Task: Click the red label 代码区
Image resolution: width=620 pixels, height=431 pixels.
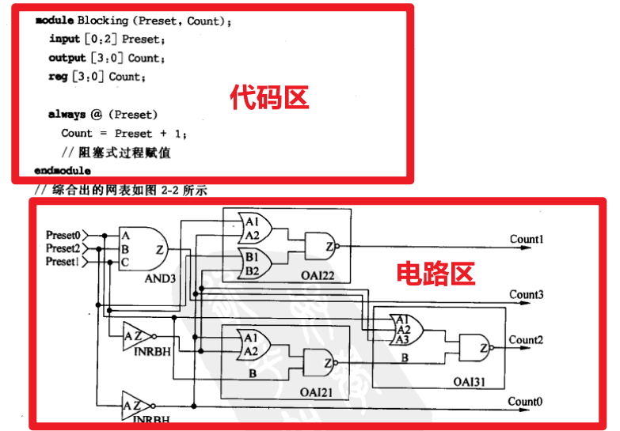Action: pos(270,97)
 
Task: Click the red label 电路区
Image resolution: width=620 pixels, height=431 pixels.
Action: pos(436,274)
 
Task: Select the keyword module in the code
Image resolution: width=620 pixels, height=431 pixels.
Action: pos(55,21)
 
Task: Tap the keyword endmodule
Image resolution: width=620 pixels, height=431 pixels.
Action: pos(63,171)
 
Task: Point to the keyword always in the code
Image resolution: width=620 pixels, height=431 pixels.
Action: pos(67,115)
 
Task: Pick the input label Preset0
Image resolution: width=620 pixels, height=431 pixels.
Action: pos(63,235)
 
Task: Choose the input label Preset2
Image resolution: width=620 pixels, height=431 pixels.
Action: pos(63,248)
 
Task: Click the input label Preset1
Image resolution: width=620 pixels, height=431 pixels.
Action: pos(63,262)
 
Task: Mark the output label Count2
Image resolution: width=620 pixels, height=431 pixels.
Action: pos(526,340)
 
